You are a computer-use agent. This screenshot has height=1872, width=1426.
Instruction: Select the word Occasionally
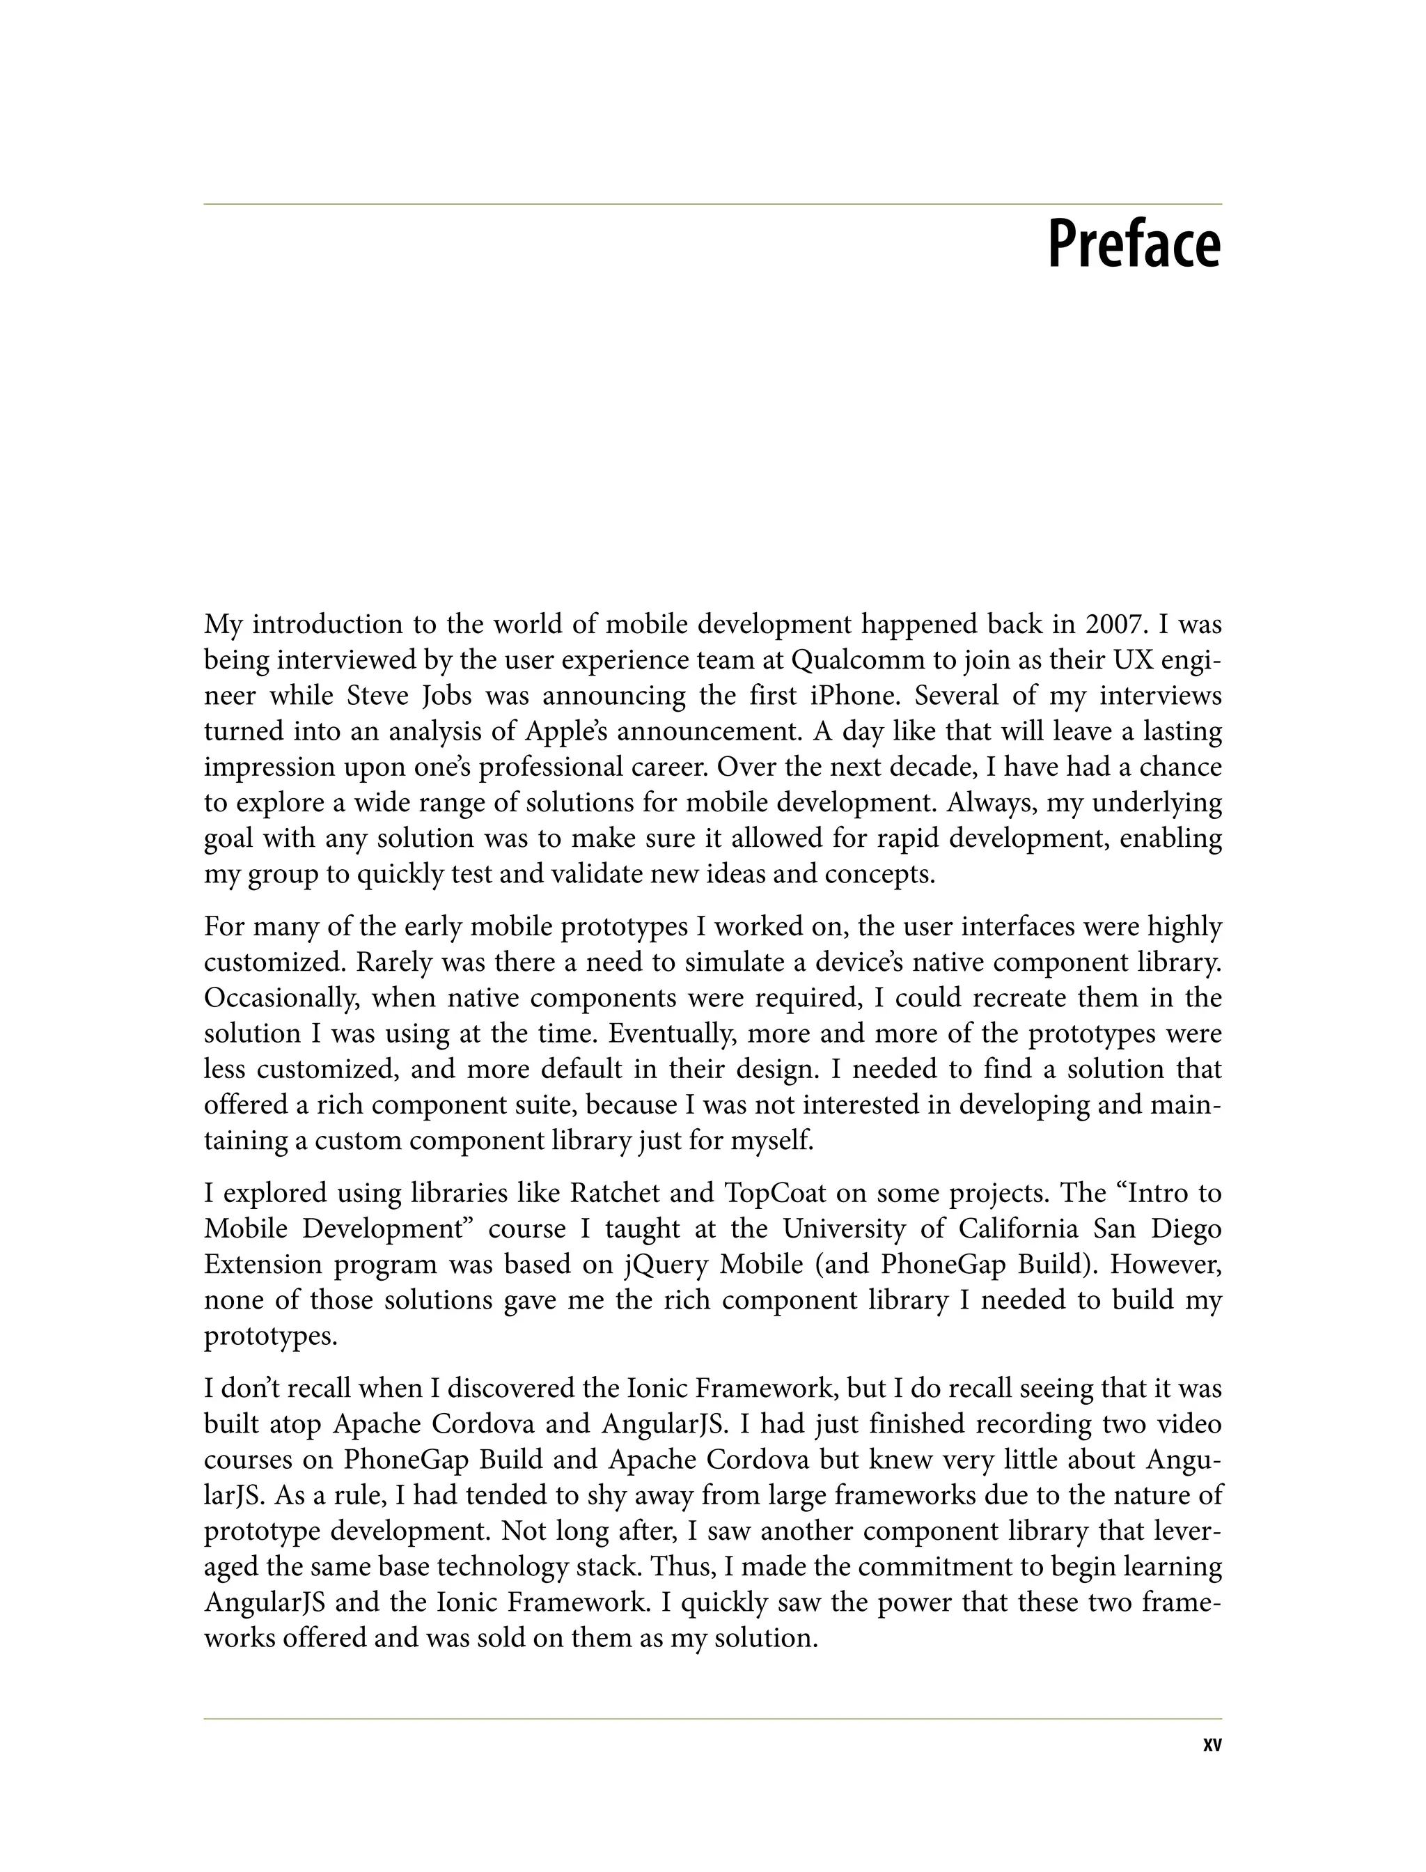point(279,999)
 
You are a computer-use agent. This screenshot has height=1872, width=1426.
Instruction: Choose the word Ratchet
point(615,1194)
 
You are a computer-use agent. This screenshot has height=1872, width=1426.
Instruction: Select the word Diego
point(1185,1229)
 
